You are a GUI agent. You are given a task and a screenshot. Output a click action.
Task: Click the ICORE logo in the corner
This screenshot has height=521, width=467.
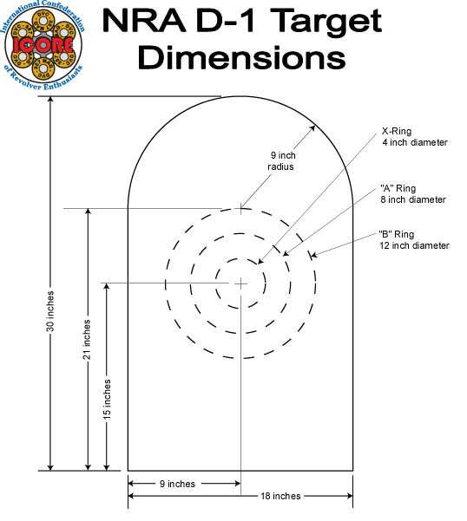click(x=45, y=45)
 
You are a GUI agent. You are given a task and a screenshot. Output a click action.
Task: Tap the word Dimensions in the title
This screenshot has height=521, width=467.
click(x=242, y=57)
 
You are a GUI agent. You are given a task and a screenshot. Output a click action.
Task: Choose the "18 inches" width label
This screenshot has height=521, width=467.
click(x=280, y=496)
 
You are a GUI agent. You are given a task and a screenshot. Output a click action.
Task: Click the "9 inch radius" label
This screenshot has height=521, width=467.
click(x=281, y=160)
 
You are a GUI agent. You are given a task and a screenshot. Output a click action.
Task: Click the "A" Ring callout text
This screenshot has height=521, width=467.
click(x=412, y=193)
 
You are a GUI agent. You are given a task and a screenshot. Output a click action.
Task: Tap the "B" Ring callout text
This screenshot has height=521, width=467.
click(x=413, y=239)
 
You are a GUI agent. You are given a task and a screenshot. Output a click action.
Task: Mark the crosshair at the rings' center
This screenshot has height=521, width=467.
click(x=240, y=283)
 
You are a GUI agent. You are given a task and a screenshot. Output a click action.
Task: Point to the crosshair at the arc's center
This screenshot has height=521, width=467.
click(x=240, y=208)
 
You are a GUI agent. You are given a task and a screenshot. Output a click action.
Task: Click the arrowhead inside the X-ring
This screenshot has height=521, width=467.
click(x=261, y=262)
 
